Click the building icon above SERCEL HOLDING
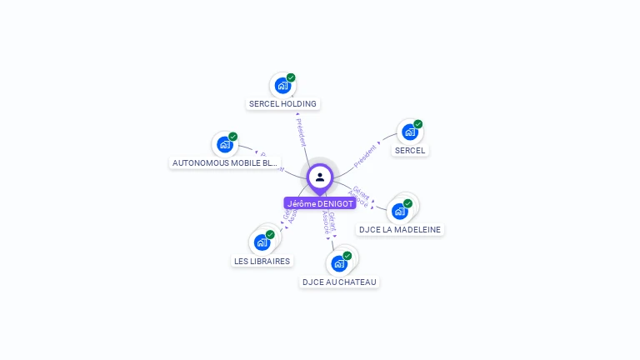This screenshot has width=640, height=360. (282, 85)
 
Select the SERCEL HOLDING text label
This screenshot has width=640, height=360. (283, 104)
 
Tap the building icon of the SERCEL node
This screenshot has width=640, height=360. (409, 132)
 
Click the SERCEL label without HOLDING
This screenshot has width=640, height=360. (410, 151)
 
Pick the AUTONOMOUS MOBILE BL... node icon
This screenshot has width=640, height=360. (224, 144)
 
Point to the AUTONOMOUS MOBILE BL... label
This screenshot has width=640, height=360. (224, 163)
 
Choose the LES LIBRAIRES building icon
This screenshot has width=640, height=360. (262, 242)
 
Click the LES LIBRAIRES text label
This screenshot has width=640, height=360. (262, 261)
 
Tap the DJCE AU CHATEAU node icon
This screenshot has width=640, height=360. (339, 263)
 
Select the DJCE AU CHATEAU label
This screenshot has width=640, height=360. (339, 282)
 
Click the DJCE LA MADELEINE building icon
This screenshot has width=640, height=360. (400, 211)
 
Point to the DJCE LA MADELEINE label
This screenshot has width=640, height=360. (400, 229)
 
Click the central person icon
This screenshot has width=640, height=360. (320, 177)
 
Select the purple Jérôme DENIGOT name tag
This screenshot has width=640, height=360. (320, 203)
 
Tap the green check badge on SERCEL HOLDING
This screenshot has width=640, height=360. (291, 77)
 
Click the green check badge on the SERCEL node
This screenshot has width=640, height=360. (417, 124)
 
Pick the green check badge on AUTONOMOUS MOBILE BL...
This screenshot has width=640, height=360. (232, 137)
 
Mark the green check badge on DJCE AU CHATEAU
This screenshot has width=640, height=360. (347, 256)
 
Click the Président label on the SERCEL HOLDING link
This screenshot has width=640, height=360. (301, 132)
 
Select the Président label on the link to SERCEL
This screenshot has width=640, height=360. (365, 156)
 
